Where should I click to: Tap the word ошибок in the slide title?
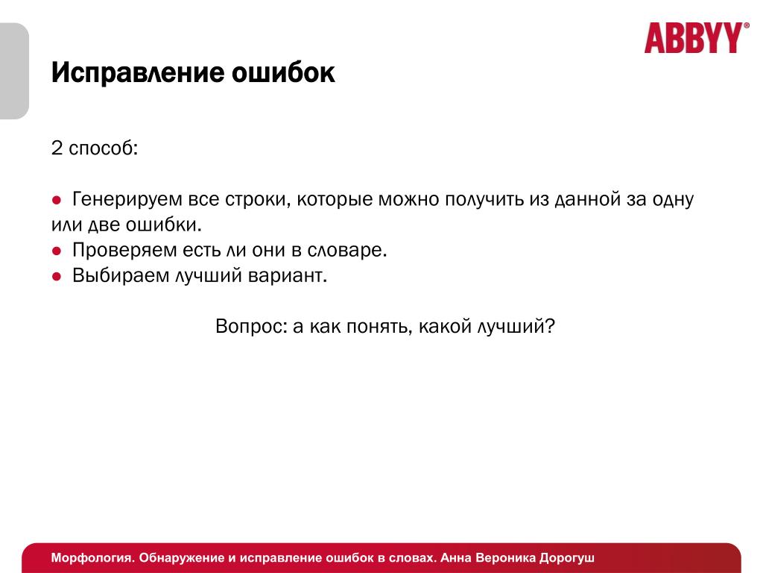[x=283, y=72]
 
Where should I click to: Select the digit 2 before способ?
[x=57, y=148]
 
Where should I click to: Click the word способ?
[x=104, y=148]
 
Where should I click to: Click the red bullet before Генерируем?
[x=57, y=200]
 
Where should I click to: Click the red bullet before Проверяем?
[x=57, y=251]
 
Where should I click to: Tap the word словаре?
[x=347, y=251]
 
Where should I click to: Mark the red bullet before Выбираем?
[x=57, y=277]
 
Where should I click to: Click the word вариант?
[x=288, y=276]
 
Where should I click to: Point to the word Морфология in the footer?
[x=93, y=558]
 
